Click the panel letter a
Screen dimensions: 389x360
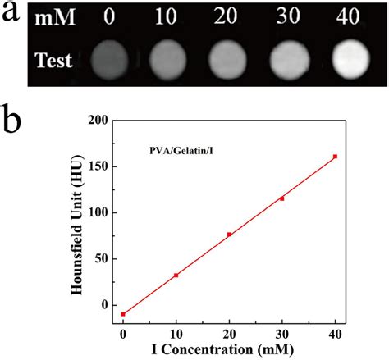(11, 12)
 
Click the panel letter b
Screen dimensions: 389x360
(11, 121)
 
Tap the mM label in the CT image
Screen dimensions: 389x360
(55, 18)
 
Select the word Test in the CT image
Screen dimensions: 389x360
(53, 60)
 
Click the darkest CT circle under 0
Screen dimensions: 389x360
(109, 60)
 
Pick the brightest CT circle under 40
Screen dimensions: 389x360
(351, 59)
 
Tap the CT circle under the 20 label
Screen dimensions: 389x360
(227, 60)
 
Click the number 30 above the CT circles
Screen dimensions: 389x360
(288, 16)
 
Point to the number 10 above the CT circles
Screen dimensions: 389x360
(166, 16)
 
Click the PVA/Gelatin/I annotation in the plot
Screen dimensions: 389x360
(181, 151)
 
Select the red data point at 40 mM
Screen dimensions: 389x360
(335, 157)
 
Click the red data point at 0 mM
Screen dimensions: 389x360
(123, 314)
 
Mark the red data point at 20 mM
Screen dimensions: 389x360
(229, 235)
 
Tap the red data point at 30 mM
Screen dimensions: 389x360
(282, 198)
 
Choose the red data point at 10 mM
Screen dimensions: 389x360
(176, 276)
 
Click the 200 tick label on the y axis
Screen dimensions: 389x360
(98, 121)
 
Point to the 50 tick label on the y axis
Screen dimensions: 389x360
(102, 258)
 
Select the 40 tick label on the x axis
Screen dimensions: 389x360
(335, 334)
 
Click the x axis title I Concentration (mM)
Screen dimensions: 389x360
(222, 349)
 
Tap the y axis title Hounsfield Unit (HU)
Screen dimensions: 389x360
(76, 225)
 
